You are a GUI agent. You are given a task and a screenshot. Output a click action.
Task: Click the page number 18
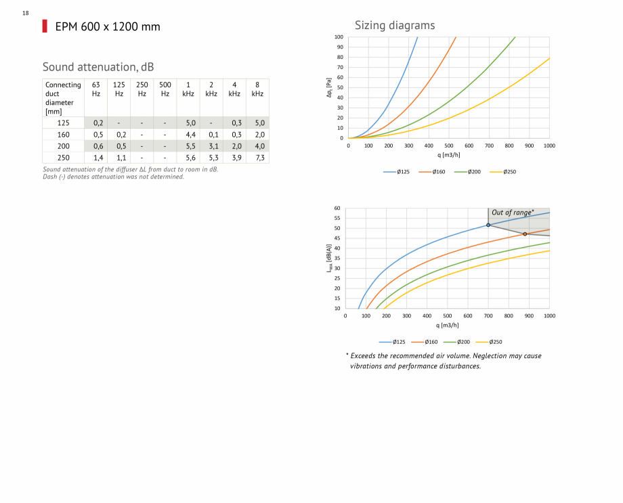(25, 13)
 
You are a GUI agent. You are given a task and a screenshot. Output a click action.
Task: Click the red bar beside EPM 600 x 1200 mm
(45, 26)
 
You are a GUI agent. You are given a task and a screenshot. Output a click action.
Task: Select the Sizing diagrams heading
(395, 26)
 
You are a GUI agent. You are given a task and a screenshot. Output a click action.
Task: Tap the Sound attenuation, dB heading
(98, 67)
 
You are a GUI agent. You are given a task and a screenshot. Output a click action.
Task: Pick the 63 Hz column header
(96, 89)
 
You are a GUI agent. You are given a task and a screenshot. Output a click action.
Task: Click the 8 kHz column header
(257, 89)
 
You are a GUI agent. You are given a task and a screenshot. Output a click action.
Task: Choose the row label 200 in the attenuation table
(63, 146)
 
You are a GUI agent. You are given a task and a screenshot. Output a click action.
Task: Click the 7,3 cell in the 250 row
(257, 158)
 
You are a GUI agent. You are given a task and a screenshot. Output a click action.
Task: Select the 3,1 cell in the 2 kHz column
(213, 146)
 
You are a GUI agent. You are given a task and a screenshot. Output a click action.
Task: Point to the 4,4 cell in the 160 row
(190, 135)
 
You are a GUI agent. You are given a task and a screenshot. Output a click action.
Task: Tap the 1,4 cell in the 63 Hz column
(98, 158)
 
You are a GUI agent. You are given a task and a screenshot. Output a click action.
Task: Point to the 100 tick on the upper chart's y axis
(339, 37)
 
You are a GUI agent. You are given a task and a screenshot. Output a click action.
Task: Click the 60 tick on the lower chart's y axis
(337, 209)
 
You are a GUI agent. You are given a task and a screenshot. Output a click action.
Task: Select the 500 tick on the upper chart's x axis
(449, 146)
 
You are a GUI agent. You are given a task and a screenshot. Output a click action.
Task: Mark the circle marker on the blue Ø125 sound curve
(488, 225)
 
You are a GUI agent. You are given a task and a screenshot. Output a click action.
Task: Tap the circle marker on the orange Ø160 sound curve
(525, 234)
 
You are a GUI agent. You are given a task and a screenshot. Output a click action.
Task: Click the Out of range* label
(513, 213)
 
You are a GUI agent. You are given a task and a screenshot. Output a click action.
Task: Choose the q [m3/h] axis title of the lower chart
(448, 326)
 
